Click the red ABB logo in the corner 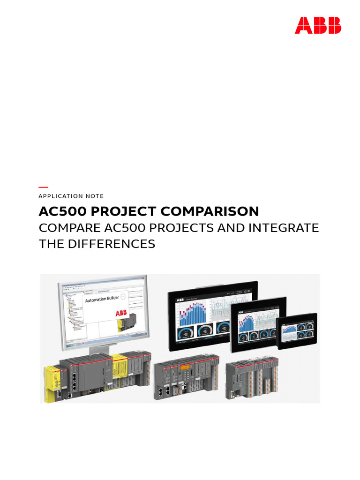click(318, 25)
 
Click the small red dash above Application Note click(43, 187)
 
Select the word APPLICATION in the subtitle click(60, 196)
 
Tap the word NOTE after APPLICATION click(95, 196)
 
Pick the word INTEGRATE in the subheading click(282, 228)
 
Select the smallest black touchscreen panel click(296, 331)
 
